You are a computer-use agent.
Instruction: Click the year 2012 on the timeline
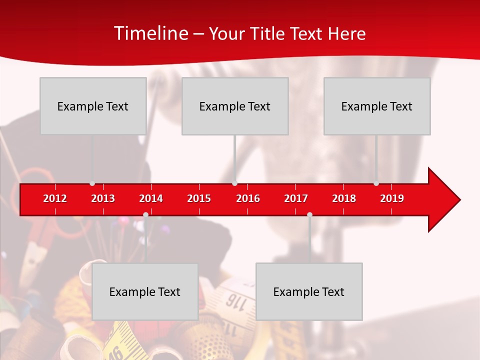[x=55, y=198]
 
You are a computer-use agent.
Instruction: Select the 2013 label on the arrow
[x=103, y=198]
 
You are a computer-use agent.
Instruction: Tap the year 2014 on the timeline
[x=151, y=198]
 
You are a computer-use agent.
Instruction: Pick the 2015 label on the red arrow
[x=199, y=198]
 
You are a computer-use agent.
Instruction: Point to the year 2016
[x=248, y=198]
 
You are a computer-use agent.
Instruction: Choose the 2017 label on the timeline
[x=296, y=198]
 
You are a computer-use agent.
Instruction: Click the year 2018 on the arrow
[x=344, y=198]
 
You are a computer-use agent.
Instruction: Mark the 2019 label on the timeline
[x=392, y=198]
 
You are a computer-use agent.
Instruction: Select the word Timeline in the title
[x=150, y=33]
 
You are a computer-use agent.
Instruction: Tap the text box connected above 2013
[x=93, y=106]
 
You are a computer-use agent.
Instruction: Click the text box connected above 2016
[x=235, y=106]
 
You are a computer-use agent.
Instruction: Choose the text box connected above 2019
[x=377, y=106]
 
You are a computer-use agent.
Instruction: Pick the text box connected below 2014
[x=145, y=291]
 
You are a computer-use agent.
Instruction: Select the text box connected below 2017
[x=309, y=291]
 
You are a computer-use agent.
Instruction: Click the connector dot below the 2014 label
[x=145, y=214]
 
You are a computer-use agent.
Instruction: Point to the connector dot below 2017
[x=309, y=214]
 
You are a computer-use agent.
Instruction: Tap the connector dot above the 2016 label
[x=235, y=183]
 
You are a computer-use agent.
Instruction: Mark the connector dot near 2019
[x=376, y=183]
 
